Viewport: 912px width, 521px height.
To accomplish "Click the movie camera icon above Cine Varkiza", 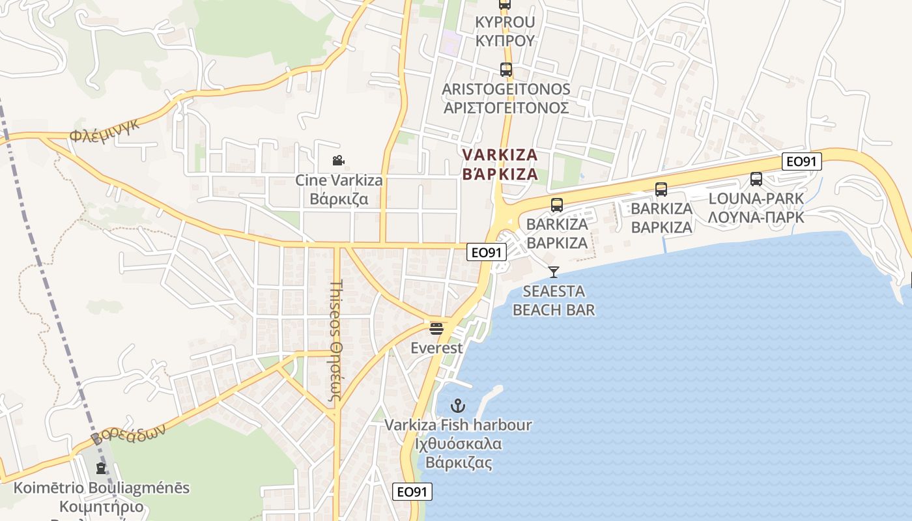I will (x=338, y=160).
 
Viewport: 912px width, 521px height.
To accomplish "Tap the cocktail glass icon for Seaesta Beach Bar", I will (x=554, y=272).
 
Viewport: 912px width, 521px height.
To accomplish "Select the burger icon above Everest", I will (x=436, y=328).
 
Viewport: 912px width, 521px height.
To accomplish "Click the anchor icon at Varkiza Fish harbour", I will (x=458, y=406).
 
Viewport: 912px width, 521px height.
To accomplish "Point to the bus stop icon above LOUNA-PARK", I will (x=756, y=178).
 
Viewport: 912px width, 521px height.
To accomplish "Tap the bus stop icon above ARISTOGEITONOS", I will (x=506, y=70).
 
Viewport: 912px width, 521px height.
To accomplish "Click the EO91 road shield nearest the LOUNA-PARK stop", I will (x=802, y=162).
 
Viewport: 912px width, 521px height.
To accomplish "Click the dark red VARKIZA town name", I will (x=500, y=164).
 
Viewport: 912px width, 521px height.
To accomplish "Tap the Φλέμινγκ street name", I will (x=105, y=132).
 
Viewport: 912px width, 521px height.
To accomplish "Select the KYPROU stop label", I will (x=505, y=31).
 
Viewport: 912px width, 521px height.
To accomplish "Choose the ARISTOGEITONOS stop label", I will (x=506, y=98).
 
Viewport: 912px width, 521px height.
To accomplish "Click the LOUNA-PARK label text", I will (x=756, y=208).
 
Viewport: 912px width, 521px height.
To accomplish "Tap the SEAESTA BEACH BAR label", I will (x=554, y=300).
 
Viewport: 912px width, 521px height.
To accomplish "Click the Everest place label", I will (x=436, y=348).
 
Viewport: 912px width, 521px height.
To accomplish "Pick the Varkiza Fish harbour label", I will (x=458, y=444).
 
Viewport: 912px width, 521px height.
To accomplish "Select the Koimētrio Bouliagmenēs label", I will (x=102, y=497).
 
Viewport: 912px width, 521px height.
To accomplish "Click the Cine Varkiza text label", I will (x=339, y=189).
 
